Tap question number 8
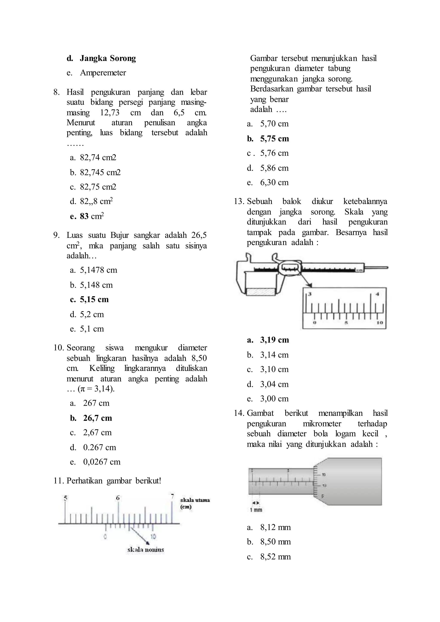click(56, 92)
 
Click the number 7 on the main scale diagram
click(172, 496)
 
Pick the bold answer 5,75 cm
click(274, 139)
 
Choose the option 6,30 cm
click(274, 182)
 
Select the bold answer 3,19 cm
click(274, 340)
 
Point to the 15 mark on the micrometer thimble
click(324, 475)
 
